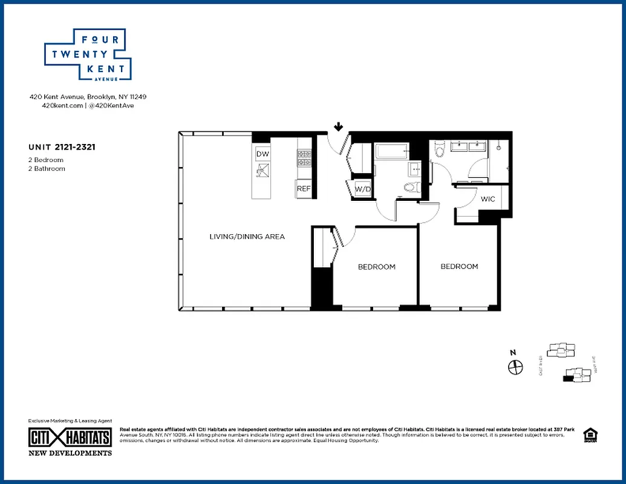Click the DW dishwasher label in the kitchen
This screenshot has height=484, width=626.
pyautogui.click(x=262, y=154)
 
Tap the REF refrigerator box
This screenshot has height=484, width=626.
pyautogui.click(x=303, y=189)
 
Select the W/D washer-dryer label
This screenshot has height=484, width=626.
pyautogui.click(x=363, y=189)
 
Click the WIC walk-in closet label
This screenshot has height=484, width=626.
pyautogui.click(x=487, y=199)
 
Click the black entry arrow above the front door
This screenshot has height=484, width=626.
pyautogui.click(x=339, y=127)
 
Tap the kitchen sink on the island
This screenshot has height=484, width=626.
pyautogui.click(x=262, y=174)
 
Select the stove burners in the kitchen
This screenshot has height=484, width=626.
pyautogui.click(x=303, y=158)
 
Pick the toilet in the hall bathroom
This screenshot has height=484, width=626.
pyautogui.click(x=411, y=186)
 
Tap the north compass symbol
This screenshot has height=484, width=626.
pyautogui.click(x=515, y=367)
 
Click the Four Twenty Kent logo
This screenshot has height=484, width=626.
pyautogui.click(x=88, y=55)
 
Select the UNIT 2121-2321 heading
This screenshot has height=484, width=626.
pyautogui.click(x=63, y=146)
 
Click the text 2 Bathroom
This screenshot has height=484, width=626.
pyautogui.click(x=47, y=169)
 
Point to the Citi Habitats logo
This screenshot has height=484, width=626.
pyautogui.click(x=70, y=437)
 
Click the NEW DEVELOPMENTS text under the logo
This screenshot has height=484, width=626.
pyautogui.click(x=70, y=453)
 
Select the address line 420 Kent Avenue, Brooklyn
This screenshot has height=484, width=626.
pyautogui.click(x=88, y=96)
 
